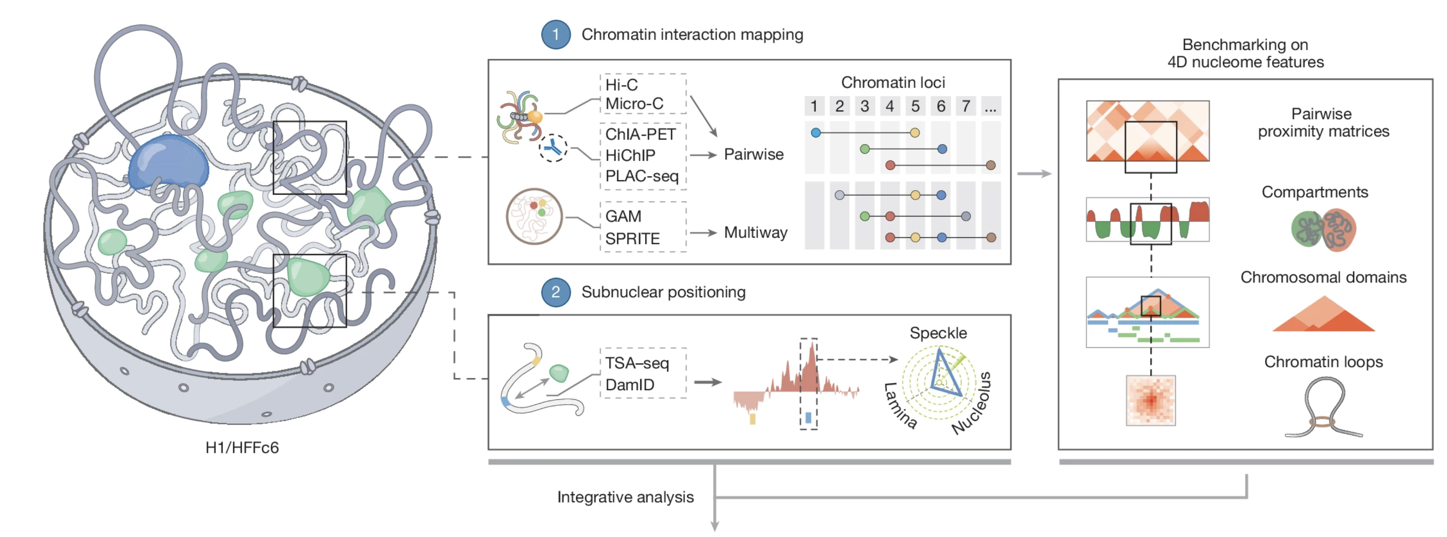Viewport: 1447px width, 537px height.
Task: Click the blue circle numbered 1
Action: point(555,34)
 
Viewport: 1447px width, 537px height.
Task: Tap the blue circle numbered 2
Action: point(555,292)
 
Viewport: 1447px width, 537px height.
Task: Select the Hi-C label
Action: point(621,85)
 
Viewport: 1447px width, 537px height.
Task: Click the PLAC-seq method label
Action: point(642,176)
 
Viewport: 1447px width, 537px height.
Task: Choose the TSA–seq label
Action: point(636,363)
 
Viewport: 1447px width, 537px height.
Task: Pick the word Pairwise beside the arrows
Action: point(753,155)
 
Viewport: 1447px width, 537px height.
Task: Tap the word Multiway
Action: point(756,233)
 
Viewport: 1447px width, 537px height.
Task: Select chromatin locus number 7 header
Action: point(966,106)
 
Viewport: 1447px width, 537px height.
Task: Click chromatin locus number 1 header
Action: point(814,106)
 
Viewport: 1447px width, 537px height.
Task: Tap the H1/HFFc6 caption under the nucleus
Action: point(242,447)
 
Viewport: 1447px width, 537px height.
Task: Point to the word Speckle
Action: point(938,333)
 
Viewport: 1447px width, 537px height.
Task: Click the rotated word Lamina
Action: point(900,406)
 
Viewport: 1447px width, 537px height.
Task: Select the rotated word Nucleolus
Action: point(972,403)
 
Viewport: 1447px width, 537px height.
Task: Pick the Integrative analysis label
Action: point(625,497)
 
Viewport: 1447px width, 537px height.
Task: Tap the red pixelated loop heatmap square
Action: point(1151,401)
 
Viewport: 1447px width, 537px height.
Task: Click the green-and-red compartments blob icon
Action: point(1323,229)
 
